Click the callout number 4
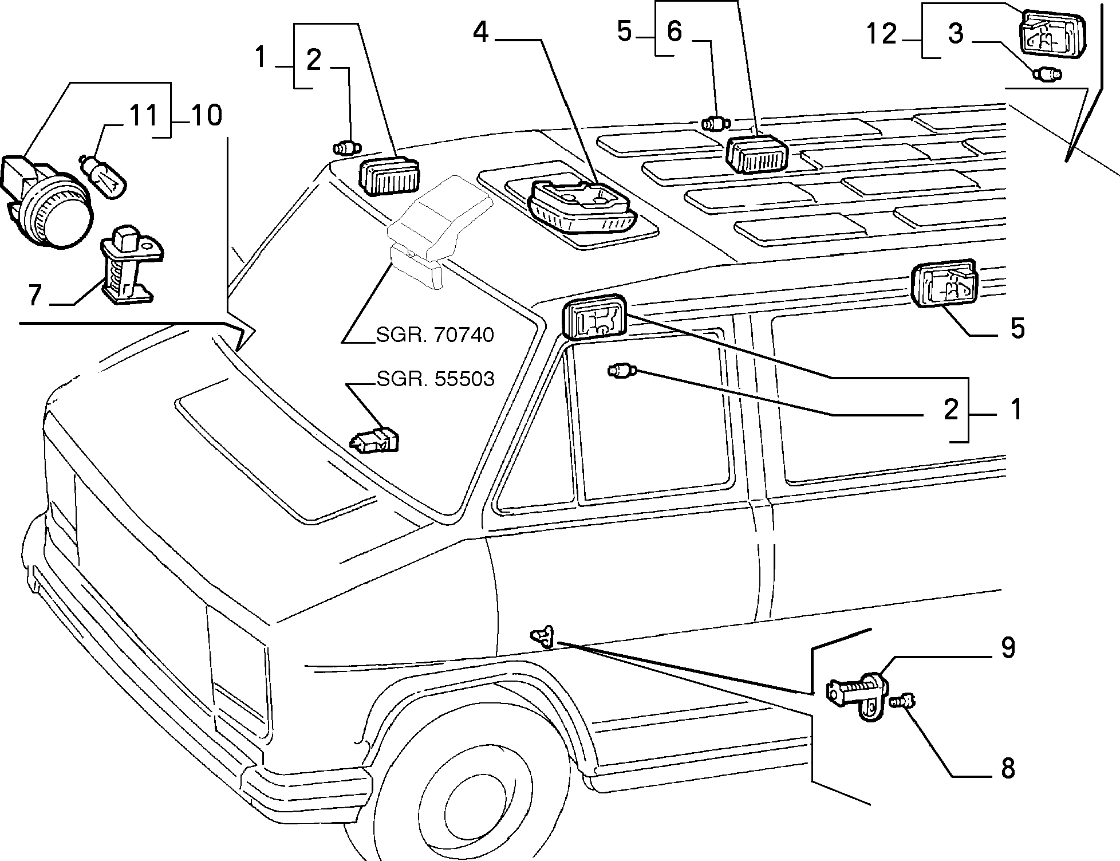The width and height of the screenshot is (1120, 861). [x=480, y=33]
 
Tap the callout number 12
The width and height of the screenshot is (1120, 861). [x=881, y=34]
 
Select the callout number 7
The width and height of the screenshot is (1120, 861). [x=35, y=296]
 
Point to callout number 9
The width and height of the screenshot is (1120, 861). [x=1008, y=647]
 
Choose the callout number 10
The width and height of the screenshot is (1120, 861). [x=206, y=116]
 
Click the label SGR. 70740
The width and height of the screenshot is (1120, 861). [x=435, y=335]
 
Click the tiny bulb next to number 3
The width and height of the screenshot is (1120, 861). [x=1048, y=74]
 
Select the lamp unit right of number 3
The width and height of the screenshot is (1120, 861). [x=1052, y=35]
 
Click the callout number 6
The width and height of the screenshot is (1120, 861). [x=675, y=32]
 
